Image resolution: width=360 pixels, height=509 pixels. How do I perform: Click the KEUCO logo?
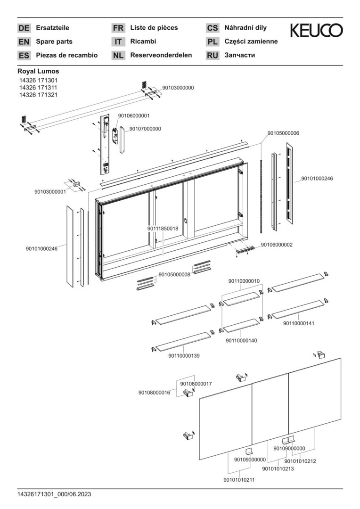316,31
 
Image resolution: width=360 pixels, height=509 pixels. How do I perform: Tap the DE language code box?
24,28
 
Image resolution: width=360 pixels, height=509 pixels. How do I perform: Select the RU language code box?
213,55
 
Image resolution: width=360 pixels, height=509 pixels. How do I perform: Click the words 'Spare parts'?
54,41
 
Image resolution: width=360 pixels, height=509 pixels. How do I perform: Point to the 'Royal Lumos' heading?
38,71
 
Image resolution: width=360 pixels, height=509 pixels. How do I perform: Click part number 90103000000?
178,88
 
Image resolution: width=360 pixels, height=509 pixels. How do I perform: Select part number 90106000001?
134,115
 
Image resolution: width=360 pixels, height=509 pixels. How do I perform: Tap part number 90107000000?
145,128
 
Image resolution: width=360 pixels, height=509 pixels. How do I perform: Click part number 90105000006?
283,133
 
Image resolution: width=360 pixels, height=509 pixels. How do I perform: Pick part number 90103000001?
50,192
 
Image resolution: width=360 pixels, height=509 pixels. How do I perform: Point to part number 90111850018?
163,228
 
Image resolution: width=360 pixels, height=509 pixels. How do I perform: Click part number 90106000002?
277,245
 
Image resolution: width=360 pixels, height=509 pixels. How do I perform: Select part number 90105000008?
174,274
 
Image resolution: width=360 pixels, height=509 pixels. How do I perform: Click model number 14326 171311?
38,88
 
